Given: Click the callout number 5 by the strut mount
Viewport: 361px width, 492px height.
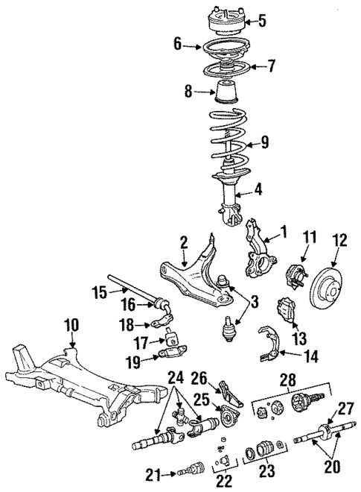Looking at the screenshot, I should point(261,19).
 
